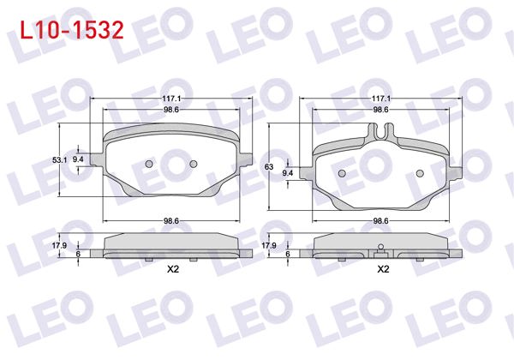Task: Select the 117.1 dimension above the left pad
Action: tap(171, 99)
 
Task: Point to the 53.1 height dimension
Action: tap(59, 160)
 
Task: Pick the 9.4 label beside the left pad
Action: tap(78, 160)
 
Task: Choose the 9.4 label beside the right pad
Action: tap(288, 173)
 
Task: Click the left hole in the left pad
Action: tap(148, 164)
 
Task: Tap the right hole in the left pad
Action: tap(193, 164)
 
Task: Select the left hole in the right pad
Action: tap(343, 173)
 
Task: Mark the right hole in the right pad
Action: tap(420, 173)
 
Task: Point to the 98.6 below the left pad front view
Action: tap(171, 221)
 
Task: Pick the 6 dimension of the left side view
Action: tap(78, 254)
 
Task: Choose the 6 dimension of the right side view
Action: tap(288, 254)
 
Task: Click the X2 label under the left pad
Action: tap(171, 269)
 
